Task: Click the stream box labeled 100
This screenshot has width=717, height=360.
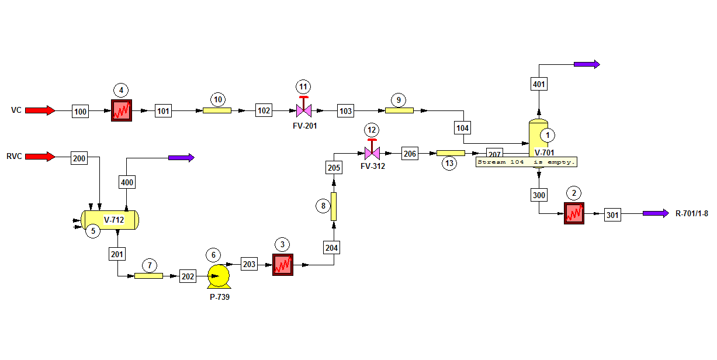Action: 80,112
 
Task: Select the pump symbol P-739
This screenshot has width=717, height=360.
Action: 219,276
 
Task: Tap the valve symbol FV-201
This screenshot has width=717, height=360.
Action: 304,108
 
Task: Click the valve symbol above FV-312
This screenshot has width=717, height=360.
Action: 372,150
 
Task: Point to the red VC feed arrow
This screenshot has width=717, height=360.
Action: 40,110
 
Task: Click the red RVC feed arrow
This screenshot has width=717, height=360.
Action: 40,157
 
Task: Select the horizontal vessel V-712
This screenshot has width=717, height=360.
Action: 110,220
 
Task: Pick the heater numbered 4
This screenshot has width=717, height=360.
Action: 122,110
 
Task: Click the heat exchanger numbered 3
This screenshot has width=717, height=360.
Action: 283,265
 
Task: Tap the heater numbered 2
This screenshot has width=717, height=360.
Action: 574,213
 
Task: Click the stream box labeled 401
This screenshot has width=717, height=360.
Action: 539,84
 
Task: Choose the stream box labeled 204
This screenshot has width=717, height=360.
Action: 331,248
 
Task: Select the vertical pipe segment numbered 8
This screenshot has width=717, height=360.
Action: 334,206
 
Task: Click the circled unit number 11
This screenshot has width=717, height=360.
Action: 303,86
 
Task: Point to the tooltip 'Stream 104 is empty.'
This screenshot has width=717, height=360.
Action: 527,162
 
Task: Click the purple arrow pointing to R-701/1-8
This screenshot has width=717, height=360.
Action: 656,213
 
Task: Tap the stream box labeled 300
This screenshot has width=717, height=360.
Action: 539,195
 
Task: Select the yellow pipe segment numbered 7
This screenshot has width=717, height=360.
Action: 148,276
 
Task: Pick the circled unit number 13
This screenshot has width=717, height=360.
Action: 449,163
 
